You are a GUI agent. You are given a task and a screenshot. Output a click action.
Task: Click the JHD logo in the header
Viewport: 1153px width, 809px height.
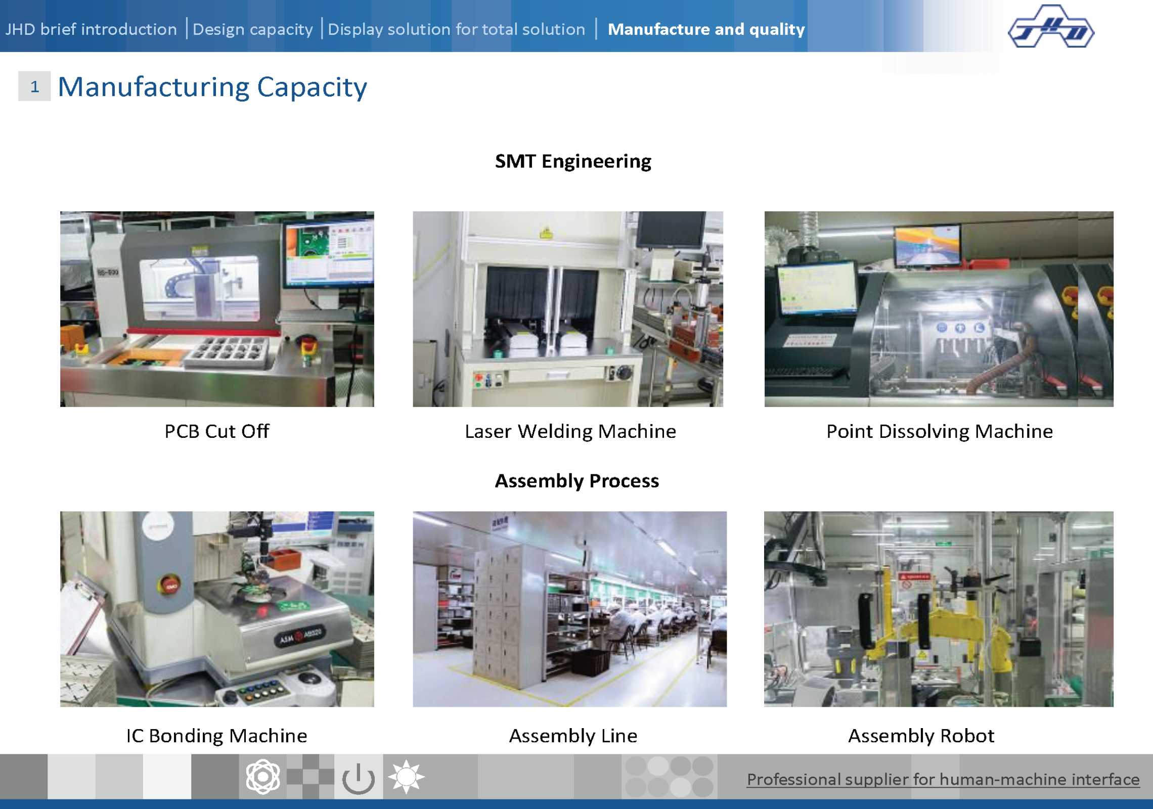(1051, 26)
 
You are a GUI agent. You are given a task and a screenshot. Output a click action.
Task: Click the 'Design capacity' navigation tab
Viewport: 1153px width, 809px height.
(253, 29)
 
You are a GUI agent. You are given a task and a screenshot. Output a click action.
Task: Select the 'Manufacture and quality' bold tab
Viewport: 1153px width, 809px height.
(706, 29)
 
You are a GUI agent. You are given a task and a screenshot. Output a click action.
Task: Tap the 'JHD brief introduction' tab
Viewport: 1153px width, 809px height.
(91, 29)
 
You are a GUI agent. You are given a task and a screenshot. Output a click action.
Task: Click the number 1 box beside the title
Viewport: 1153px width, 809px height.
(34, 86)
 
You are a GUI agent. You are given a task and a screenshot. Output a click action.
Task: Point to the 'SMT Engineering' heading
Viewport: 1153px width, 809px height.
(573, 161)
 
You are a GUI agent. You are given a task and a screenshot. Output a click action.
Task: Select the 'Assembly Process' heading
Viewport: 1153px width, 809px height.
(577, 481)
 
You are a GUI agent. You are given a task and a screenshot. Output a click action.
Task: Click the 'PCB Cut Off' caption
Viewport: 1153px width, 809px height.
(217, 431)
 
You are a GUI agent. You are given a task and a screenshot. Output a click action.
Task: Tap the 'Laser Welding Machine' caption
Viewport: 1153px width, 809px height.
(570, 431)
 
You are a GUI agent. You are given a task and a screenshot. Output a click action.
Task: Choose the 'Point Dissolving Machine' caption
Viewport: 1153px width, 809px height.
(940, 431)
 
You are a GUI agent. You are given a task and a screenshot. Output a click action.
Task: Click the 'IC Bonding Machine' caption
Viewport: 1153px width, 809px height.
(216, 736)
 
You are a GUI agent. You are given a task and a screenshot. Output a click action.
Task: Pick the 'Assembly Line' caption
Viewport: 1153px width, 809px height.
(573, 736)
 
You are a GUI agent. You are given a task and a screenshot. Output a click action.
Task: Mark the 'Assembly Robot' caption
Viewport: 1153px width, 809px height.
(921, 736)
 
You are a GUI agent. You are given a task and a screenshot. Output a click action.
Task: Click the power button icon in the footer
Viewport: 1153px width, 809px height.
(359, 778)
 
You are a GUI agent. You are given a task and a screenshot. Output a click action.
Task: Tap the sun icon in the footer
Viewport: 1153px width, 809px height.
(406, 777)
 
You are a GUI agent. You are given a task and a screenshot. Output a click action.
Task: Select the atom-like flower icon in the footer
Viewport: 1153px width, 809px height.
(262, 777)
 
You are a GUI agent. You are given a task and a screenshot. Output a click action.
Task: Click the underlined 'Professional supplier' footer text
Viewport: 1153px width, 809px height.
(943, 780)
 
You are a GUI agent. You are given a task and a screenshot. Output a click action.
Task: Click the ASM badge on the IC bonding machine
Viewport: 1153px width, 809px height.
(300, 637)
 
